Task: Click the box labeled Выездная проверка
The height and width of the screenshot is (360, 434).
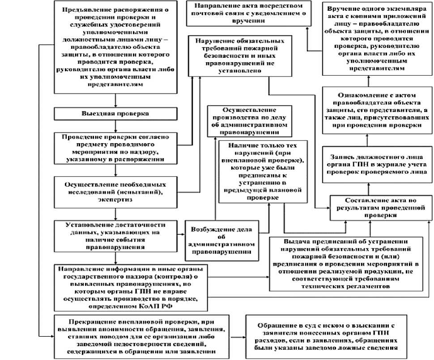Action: click(x=115, y=113)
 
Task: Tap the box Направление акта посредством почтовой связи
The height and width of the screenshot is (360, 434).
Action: click(x=245, y=13)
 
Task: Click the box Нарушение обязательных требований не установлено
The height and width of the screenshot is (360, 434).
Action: click(x=230, y=56)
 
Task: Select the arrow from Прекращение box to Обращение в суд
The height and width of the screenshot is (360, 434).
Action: click(x=238, y=337)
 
